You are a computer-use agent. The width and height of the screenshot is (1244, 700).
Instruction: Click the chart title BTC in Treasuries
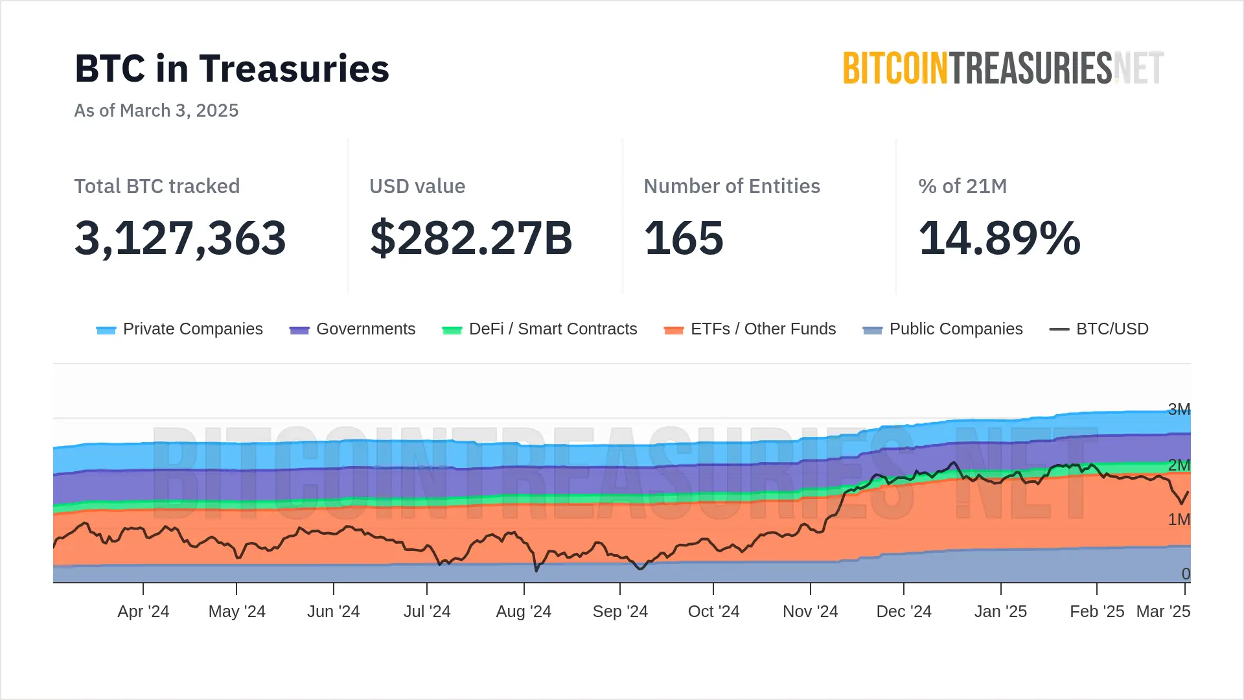232,69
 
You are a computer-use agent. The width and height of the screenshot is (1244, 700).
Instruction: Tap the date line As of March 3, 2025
156,111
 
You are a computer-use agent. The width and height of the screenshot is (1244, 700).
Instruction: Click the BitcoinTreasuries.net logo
1003,69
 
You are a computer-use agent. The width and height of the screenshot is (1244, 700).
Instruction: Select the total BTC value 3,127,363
180,238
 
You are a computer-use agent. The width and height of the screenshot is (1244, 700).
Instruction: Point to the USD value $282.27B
471,238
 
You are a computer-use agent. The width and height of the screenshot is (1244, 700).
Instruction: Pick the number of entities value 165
684,238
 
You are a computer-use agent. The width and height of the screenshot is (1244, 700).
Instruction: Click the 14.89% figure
999,238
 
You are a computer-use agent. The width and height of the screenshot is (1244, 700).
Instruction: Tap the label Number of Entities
731,187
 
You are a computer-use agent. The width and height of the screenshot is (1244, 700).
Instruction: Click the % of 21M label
962,187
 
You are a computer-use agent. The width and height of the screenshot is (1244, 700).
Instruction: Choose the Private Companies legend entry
179,329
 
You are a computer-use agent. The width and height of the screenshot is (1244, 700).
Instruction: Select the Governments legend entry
352,329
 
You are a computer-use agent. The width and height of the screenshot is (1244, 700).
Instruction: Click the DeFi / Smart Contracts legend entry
540,329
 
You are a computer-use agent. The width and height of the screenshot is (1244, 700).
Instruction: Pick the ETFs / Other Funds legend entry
750,329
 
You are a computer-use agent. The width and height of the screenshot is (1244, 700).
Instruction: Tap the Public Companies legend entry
943,329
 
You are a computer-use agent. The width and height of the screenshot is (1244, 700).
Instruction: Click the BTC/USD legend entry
1100,329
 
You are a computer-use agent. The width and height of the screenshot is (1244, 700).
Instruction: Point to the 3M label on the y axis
1179,410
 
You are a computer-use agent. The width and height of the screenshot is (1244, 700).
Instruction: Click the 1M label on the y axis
1179,520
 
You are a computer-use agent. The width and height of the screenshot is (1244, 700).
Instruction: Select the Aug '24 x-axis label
524,612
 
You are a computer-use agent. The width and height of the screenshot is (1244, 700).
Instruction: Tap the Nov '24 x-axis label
810,612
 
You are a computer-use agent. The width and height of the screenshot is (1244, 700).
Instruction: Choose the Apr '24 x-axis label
143,612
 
